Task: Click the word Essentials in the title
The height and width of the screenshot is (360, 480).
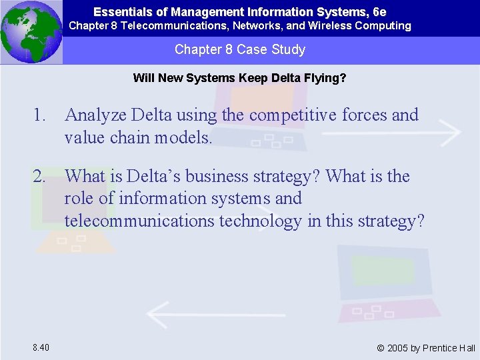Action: (x=115, y=12)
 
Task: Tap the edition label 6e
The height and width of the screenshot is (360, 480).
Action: (x=379, y=12)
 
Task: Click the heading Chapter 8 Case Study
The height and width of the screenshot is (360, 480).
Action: (x=240, y=49)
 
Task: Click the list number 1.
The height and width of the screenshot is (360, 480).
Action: (x=40, y=115)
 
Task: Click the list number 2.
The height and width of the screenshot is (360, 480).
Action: (x=40, y=177)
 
